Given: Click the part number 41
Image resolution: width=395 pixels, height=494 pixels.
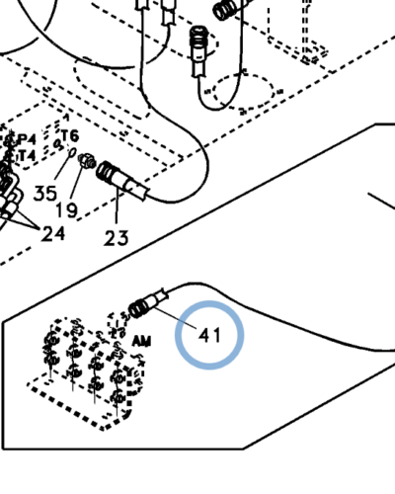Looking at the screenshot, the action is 209,336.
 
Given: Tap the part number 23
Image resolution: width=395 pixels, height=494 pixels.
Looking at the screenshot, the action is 116,238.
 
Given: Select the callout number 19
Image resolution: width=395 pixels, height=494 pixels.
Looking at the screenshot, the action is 67,209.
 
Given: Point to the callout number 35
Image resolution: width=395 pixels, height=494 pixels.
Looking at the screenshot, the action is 45,194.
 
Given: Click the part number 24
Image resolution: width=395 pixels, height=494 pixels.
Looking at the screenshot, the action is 52,234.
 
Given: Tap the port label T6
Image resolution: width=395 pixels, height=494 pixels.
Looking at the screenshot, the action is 70,135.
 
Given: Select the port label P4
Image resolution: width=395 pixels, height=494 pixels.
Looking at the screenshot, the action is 28,139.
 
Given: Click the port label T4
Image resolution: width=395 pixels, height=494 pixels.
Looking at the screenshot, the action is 27,155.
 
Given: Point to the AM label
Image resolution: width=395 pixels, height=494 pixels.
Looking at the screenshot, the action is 141,342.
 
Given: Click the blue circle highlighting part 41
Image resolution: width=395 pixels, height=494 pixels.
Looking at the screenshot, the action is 209,301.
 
